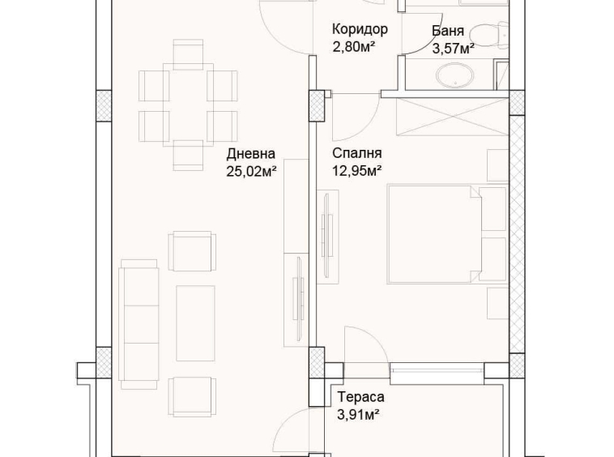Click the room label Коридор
pyautogui.click(x=360, y=30)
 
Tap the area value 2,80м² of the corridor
pyautogui.click(x=353, y=48)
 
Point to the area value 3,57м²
pyautogui.click(x=453, y=49)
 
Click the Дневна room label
pyautogui.click(x=251, y=153)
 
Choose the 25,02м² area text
pyautogui.click(x=253, y=170)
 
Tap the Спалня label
pyautogui.click(x=356, y=153)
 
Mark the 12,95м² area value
pyautogui.click(x=356, y=170)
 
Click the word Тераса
pyautogui.click(x=360, y=397)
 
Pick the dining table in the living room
pyautogui.click(x=188, y=105)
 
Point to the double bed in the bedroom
pyautogui.click(x=436, y=234)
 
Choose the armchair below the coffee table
pyautogui.click(x=192, y=396)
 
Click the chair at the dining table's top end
pyautogui.click(x=188, y=53)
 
